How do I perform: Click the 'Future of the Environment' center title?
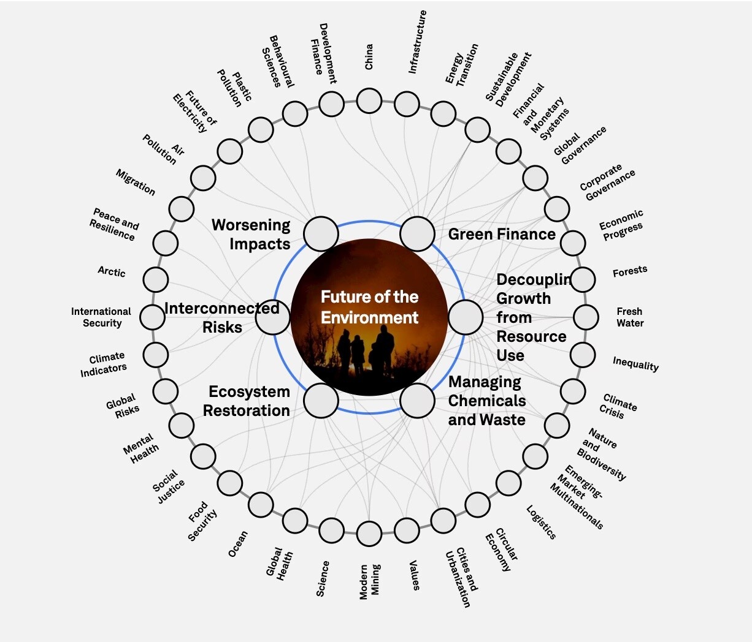(x=369, y=307)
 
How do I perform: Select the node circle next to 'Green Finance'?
(x=417, y=233)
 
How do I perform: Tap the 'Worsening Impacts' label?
(x=251, y=234)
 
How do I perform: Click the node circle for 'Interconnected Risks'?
(x=272, y=317)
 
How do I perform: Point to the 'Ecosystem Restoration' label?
(x=247, y=401)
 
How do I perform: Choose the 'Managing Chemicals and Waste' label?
(x=487, y=401)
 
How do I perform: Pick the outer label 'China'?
(x=369, y=56)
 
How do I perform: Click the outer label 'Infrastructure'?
(x=417, y=42)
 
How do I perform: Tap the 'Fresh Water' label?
(x=630, y=317)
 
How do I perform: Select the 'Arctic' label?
(x=112, y=271)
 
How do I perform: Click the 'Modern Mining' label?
(x=369, y=581)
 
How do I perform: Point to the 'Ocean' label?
(x=238, y=544)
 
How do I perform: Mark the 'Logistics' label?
(x=541, y=523)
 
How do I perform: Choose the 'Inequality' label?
(x=635, y=364)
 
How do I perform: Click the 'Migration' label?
(x=136, y=183)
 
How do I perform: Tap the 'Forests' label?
(x=630, y=271)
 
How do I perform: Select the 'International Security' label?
(x=101, y=317)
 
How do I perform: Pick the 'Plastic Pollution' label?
(x=234, y=88)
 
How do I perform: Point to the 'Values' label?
(x=415, y=575)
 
